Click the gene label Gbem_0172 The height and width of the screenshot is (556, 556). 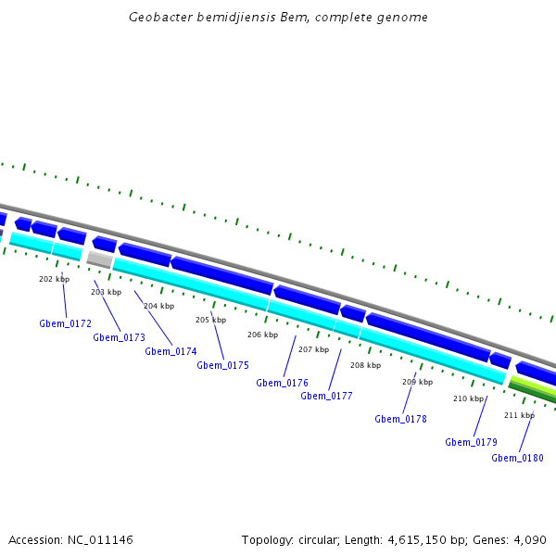pos(65,323)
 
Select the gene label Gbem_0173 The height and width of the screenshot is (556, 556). pos(119,337)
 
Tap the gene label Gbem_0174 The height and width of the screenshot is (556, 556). pos(171,351)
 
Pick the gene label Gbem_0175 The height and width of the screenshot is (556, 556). pos(222,365)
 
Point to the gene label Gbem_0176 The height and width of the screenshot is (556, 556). pos(282,383)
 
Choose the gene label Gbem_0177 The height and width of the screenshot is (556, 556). pos(326,396)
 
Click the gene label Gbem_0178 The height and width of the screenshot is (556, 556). pos(400,419)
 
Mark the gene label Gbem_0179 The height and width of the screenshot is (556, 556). pos(471,442)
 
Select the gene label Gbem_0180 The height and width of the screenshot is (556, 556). pos(517,458)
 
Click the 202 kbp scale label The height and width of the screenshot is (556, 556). pos(54,279)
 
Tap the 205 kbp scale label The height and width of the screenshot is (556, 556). pos(210,320)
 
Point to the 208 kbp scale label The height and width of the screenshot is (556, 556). pos(365,365)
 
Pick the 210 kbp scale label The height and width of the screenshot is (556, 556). pos(468,398)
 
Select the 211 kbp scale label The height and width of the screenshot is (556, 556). pos(519,415)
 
